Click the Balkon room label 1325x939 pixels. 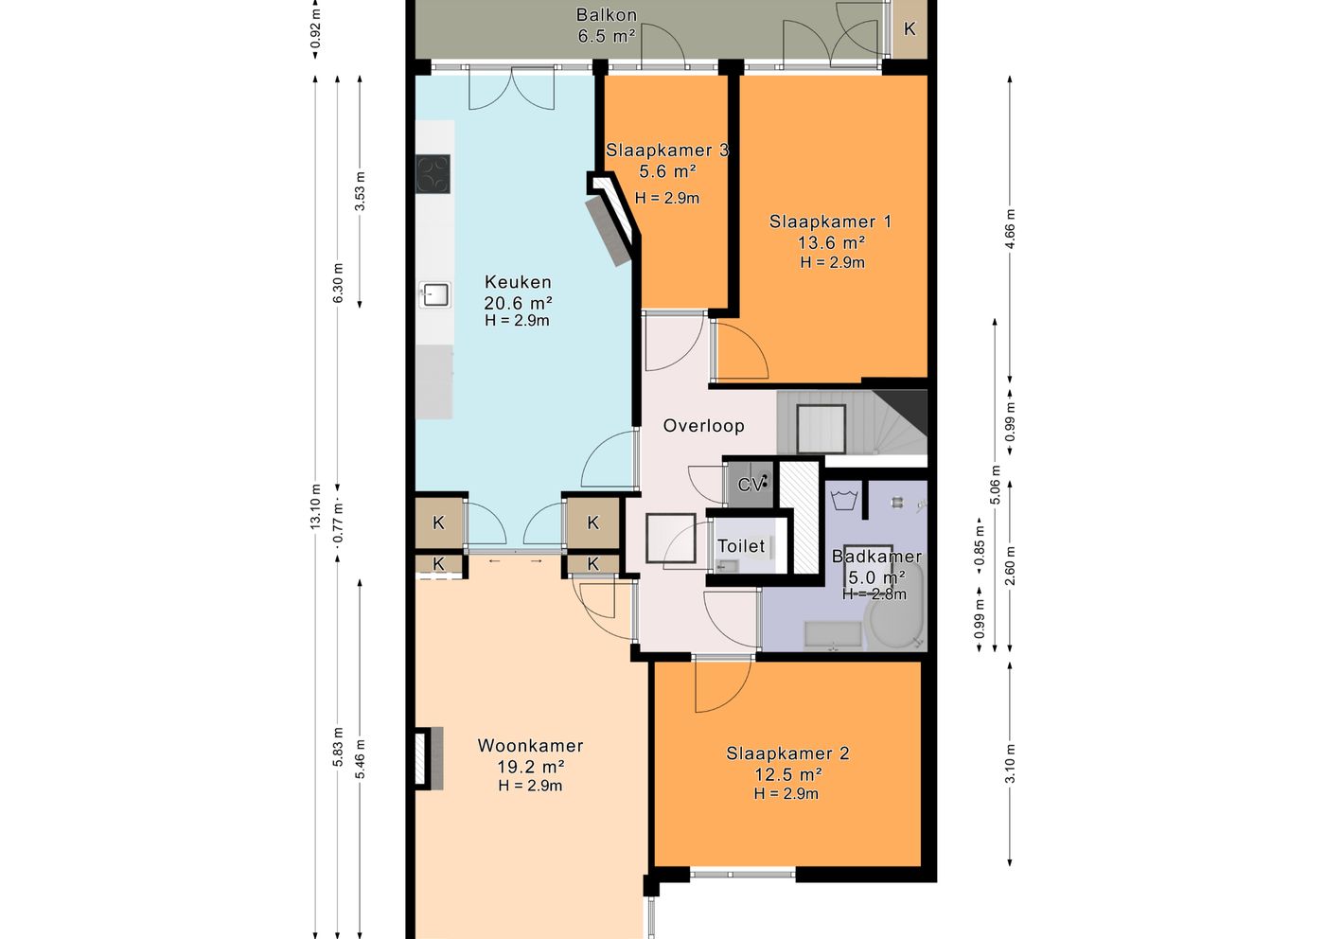point(607,15)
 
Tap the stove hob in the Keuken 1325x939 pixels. point(433,174)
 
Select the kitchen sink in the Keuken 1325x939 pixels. point(434,294)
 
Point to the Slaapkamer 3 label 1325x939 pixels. point(666,150)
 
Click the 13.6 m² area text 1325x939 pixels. point(832,242)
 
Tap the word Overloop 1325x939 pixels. point(703,425)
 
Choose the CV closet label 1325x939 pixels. point(750,485)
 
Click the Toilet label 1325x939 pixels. point(740,545)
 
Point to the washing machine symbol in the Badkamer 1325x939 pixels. point(844,501)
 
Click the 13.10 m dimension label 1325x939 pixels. point(315,506)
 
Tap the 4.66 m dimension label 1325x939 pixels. point(1011,229)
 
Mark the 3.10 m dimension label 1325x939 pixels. point(1011,763)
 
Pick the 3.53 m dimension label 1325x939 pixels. point(360,190)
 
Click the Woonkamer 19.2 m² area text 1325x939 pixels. point(530,767)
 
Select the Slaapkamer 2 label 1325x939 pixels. point(787,753)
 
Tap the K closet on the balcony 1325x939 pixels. point(910,29)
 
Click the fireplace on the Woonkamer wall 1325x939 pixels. point(429,758)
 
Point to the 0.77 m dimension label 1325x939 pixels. point(338,523)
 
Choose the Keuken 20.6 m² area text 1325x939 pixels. point(518,303)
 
